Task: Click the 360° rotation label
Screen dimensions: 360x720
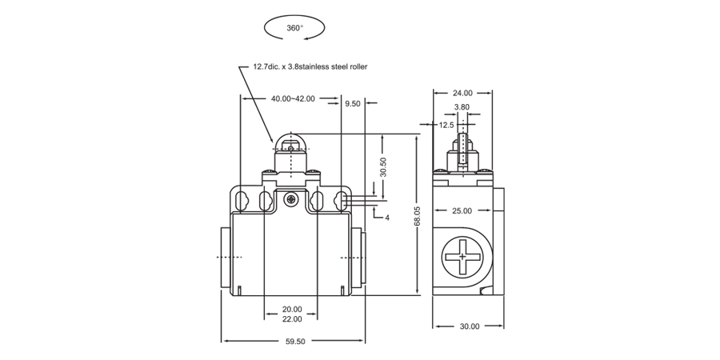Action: tap(294, 28)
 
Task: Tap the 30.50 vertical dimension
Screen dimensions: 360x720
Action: tap(383, 166)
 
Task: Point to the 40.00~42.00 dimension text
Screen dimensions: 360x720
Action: tap(293, 99)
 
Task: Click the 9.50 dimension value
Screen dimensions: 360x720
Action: tap(353, 104)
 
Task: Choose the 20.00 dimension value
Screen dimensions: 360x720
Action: tap(292, 310)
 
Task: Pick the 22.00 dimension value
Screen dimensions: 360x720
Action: tap(292, 319)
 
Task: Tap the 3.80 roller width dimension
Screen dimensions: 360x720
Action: tap(462, 106)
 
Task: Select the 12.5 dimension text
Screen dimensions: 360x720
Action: tap(446, 125)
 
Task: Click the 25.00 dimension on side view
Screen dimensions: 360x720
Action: tap(462, 211)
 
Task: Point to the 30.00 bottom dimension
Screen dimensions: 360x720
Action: tap(470, 326)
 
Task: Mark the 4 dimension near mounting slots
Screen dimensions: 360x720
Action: tap(387, 218)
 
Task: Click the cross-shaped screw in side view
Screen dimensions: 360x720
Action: tap(462, 257)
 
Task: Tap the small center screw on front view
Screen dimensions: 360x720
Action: tap(292, 198)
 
